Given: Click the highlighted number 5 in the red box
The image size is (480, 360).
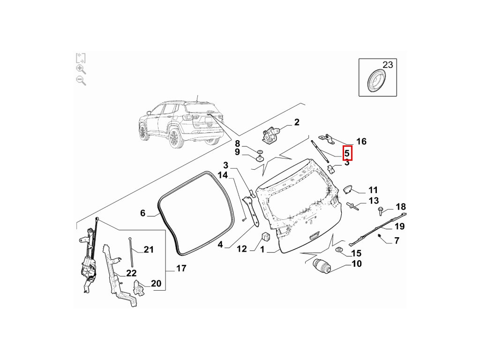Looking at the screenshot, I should [x=347, y=153].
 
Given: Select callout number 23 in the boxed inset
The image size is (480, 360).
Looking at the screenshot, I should [x=388, y=65].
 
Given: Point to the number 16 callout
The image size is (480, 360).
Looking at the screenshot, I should [x=361, y=142].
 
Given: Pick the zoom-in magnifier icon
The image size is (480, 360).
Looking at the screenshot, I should [x=81, y=69].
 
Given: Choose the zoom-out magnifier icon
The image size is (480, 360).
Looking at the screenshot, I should [x=81, y=80].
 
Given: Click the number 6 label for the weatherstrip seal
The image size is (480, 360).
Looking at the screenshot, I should [x=143, y=213].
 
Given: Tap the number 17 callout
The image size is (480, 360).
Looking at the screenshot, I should [x=181, y=269].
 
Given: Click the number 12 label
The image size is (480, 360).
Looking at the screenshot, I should [x=241, y=249].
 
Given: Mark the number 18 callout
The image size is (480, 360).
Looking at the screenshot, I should [x=401, y=207].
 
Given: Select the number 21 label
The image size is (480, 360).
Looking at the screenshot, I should [x=149, y=249].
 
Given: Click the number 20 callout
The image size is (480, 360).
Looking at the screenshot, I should [x=156, y=284].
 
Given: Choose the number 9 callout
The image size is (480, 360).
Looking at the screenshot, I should [x=237, y=152].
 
